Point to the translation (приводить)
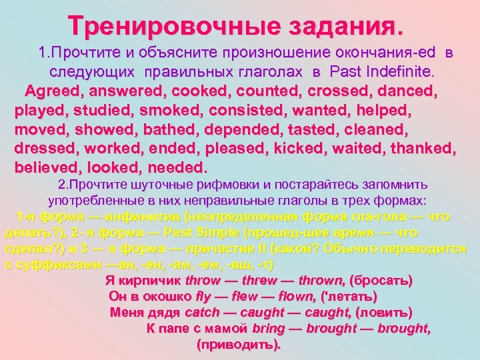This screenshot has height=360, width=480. tap(239, 345)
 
